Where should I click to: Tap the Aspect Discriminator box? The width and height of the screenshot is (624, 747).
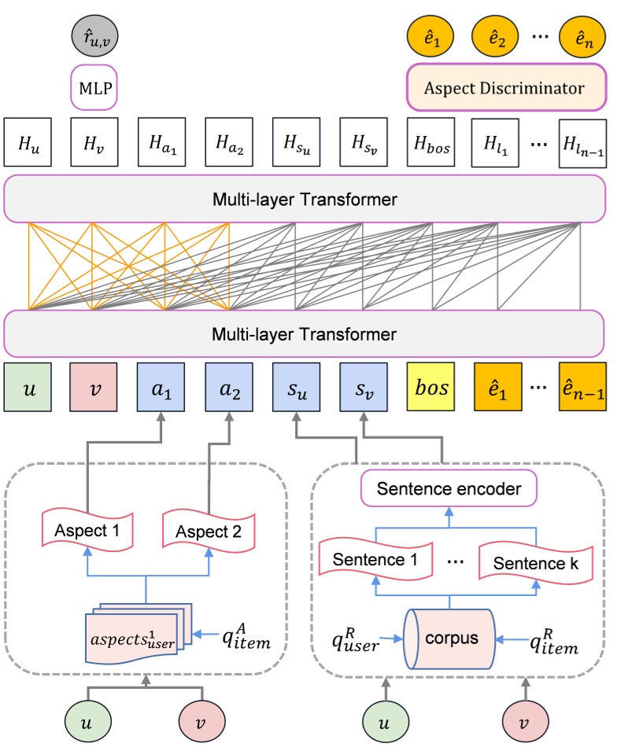pos(506,87)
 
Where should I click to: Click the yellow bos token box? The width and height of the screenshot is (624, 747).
pos(430,386)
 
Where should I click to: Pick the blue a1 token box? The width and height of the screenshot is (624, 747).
pos(161,386)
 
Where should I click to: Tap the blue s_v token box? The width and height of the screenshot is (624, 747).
pos(363,386)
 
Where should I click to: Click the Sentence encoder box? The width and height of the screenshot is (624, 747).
pos(449,489)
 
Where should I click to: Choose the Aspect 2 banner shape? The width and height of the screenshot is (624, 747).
pos(209,531)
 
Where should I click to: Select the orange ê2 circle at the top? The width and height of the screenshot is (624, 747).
pos(497,35)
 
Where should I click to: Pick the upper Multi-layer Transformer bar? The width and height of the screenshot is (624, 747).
pos(305,200)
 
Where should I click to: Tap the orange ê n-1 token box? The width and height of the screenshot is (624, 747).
pos(582,386)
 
